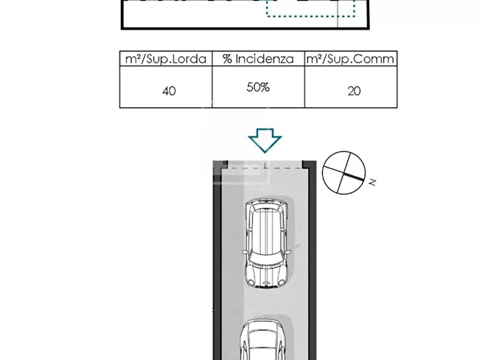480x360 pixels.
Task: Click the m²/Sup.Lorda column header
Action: tap(166, 59)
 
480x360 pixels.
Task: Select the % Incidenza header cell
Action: tap(258, 59)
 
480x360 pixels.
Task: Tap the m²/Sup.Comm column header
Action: tap(350, 59)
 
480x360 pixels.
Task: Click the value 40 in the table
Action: tap(169, 91)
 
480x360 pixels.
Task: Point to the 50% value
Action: tap(258, 88)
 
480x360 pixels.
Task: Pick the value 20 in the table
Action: tap(354, 91)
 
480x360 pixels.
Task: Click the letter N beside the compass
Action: tap(372, 182)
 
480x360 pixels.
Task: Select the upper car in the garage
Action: tap(266, 243)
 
